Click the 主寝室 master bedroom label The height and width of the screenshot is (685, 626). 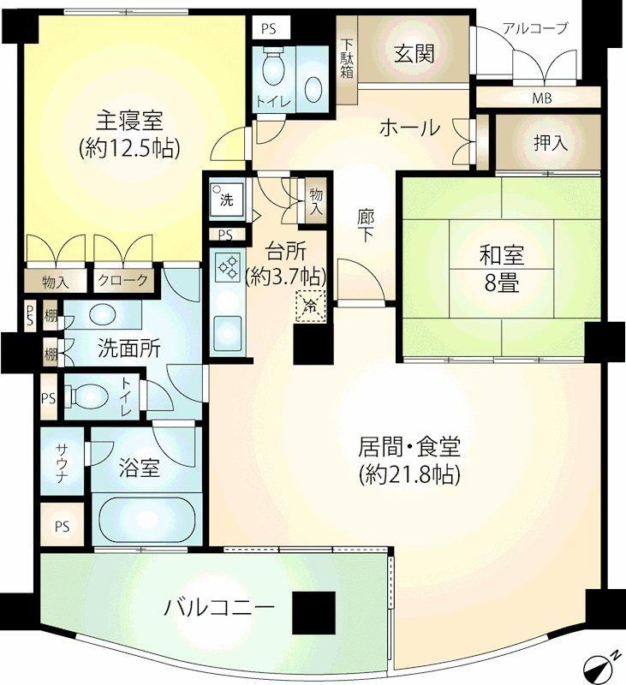click(129, 121)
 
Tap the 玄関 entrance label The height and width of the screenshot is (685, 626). click(414, 54)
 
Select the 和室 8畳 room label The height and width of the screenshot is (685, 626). click(502, 269)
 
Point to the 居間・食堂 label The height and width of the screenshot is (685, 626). click(409, 447)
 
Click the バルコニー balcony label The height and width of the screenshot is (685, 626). click(219, 608)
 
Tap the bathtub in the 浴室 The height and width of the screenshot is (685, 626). click(146, 520)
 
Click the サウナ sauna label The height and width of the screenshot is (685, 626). click(62, 463)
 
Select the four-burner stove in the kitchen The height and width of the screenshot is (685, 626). click(228, 267)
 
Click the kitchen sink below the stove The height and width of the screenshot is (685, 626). click(227, 333)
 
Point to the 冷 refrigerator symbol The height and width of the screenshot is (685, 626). click(311, 307)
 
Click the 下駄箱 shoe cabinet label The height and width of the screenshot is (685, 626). click(347, 59)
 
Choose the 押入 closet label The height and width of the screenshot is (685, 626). click(550, 142)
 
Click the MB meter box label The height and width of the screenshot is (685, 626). click(542, 98)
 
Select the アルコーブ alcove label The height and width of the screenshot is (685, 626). click(534, 28)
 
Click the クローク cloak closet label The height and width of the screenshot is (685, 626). click(122, 280)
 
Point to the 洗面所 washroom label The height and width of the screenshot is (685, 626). click(128, 348)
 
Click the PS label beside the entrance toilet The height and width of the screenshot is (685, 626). click(269, 29)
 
